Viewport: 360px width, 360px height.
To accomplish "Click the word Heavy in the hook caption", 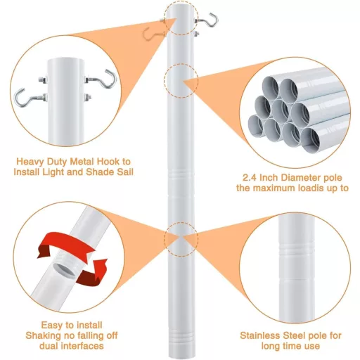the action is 30,162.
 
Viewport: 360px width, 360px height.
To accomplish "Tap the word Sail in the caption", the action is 124,172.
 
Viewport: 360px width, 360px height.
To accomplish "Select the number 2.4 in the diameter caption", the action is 250,178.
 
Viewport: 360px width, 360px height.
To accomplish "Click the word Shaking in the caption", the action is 43,335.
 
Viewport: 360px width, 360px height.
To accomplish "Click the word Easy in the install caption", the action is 51,326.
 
